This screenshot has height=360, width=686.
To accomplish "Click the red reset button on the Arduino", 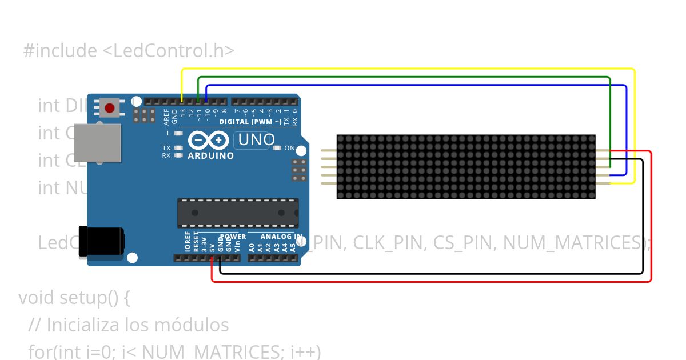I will (x=109, y=107).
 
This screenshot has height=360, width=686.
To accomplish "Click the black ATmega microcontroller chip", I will (x=237, y=213).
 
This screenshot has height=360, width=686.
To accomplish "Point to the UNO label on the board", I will (x=256, y=139).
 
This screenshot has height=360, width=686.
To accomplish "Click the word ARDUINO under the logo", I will (x=210, y=155).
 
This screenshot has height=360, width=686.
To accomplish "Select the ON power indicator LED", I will (x=277, y=149).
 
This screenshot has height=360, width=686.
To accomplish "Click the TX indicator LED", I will (x=179, y=148).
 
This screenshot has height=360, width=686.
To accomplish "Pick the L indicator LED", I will (x=179, y=133).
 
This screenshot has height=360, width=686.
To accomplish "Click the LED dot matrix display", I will (x=465, y=167).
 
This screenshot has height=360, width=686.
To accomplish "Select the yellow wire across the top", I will (x=400, y=69).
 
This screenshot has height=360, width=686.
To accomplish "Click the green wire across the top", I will (x=400, y=77).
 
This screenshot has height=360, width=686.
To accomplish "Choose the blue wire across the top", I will (x=400, y=85).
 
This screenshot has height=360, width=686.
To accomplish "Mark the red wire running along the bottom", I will (x=429, y=281).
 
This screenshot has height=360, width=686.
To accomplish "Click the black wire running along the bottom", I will (x=429, y=274).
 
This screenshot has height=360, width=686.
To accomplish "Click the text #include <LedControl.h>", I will (x=129, y=51).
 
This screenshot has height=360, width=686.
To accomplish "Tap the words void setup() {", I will (x=75, y=298).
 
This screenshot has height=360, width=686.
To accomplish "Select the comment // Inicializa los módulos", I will (x=129, y=325).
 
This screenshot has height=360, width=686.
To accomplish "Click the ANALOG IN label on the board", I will (x=281, y=237).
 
